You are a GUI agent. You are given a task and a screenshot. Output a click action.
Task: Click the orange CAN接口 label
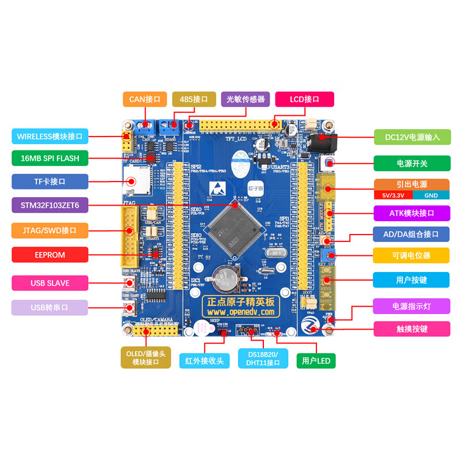[x=145, y=99]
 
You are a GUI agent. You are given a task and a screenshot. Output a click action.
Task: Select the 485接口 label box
[x=194, y=99]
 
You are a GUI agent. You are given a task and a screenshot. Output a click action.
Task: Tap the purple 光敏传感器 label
[x=245, y=99]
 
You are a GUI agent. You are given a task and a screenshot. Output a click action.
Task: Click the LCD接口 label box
[x=304, y=99]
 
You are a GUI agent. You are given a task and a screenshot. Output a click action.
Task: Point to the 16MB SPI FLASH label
[x=50, y=158]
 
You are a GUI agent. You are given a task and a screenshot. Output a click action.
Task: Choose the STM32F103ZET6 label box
[x=50, y=205]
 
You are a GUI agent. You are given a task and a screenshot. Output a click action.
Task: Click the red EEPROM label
[x=50, y=255]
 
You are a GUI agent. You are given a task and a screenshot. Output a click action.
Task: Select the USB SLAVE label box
[x=50, y=283]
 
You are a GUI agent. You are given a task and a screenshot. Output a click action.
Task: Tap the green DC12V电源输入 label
[x=412, y=137]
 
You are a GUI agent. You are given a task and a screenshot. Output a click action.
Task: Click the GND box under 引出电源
[x=430, y=195]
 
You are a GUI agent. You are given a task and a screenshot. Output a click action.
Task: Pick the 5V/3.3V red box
[x=393, y=195]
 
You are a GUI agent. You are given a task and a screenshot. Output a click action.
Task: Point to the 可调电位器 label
[x=411, y=255]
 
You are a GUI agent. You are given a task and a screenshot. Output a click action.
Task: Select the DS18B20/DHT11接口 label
[x=263, y=358]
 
